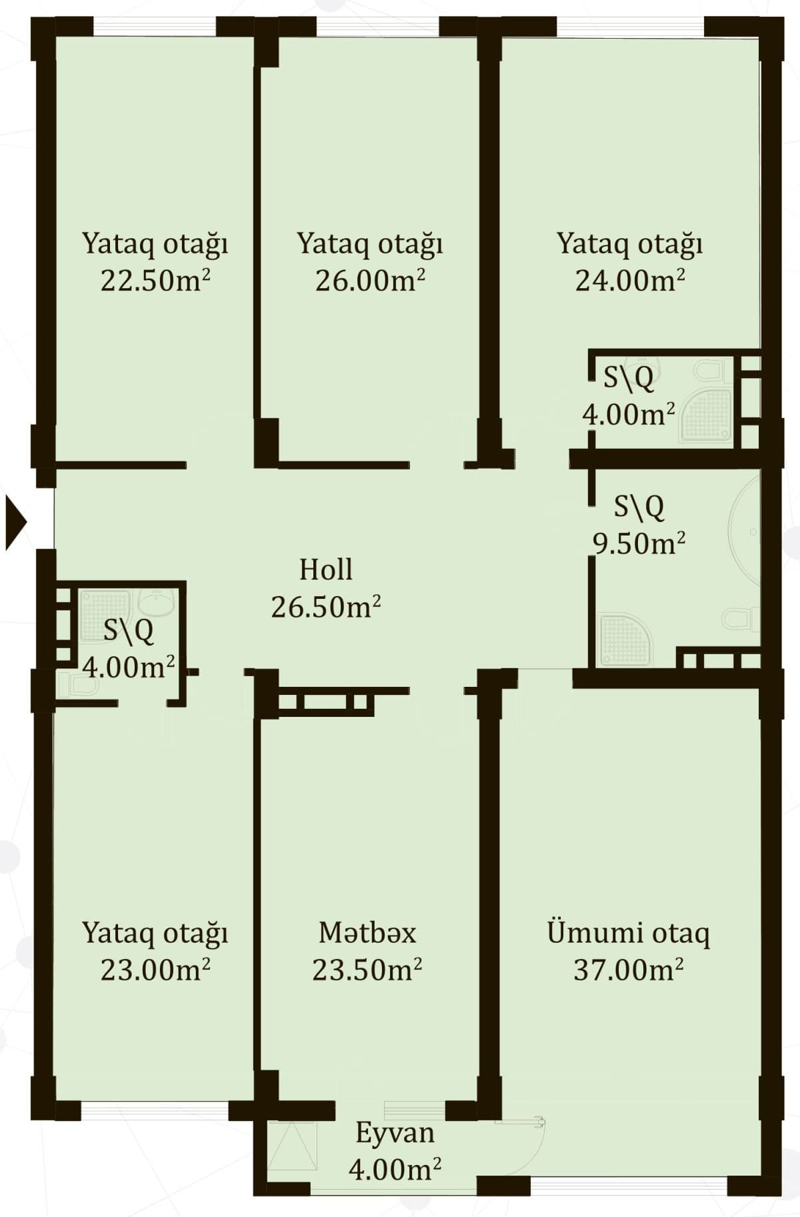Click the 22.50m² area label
[x=155, y=281]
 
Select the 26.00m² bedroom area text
[x=370, y=281]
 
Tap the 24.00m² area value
[x=630, y=281]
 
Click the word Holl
[x=325, y=569]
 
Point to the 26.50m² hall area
[x=325, y=607]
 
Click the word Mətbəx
[x=367, y=932]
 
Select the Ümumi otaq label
[x=628, y=932]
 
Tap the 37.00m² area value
[x=628, y=970]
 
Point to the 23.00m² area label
[x=155, y=970]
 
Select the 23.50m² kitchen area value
[x=367, y=970]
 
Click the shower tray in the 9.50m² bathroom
[x=625, y=640]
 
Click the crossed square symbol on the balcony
[x=292, y=1144]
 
